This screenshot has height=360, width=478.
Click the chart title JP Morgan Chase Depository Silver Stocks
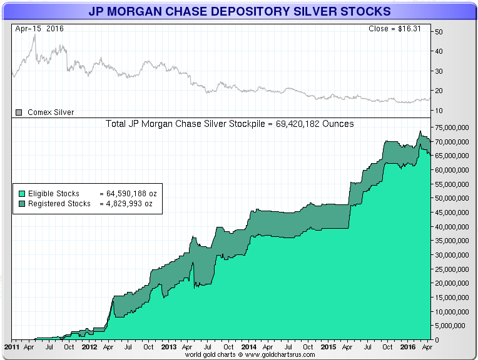point(239,11)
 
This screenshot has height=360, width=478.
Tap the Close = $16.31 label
point(398,29)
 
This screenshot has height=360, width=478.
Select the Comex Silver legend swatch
point(19,112)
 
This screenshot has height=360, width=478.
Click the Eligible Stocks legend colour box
point(21,194)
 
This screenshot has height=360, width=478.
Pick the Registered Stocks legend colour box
point(21,204)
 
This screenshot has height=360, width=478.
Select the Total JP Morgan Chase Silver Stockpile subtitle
point(231,124)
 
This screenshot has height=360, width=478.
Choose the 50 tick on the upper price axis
point(439,31)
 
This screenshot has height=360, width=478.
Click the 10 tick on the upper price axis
point(439,111)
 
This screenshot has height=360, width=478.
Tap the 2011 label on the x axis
point(12,346)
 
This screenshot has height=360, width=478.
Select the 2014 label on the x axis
point(248,346)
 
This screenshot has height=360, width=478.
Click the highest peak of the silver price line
point(34,34)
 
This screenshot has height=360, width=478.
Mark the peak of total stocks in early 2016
point(419,131)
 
